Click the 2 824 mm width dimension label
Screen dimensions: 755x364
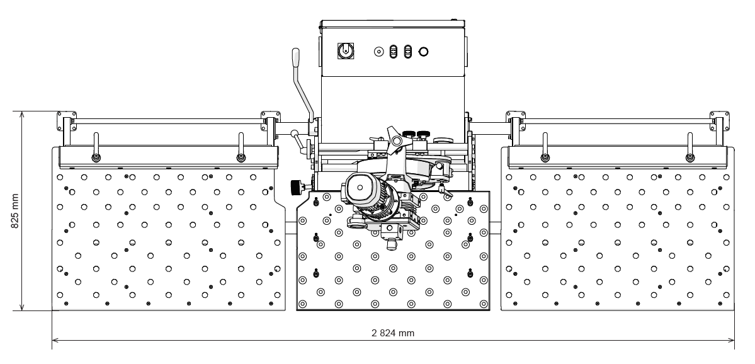click(x=392, y=333)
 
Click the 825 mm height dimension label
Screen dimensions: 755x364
click(x=15, y=211)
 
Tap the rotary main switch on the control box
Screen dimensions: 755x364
click(x=345, y=50)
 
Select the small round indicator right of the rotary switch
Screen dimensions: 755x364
click(x=379, y=52)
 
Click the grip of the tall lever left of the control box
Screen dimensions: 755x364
click(x=295, y=57)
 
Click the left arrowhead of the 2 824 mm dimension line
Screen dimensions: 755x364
click(x=55, y=341)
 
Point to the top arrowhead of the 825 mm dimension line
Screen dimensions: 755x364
click(x=21, y=115)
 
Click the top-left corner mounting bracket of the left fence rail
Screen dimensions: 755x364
click(x=67, y=121)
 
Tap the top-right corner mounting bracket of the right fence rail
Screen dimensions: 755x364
click(x=719, y=121)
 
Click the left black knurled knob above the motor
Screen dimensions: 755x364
click(x=409, y=134)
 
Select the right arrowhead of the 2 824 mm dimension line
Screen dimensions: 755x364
click(x=731, y=341)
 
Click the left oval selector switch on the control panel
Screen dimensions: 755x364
click(x=394, y=52)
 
